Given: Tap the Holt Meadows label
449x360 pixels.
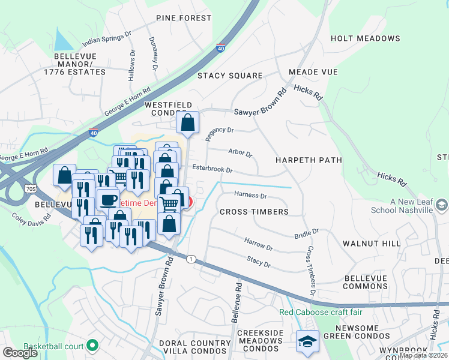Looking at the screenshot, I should pos(365,38).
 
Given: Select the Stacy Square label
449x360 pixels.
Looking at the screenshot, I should pos(231,76).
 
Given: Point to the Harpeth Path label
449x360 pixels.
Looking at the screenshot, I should pos(309,160).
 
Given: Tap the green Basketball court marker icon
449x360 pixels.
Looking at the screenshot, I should pos(92,346).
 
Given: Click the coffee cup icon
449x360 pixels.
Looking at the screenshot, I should pos(108,199).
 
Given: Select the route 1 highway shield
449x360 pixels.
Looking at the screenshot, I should pos(191,259).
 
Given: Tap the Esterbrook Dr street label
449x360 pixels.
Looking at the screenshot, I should pos(212,170).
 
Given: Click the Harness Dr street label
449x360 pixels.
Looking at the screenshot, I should pos(250,195).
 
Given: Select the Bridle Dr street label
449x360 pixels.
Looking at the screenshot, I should pos(306,233).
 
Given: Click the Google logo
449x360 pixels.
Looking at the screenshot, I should pos(20,352).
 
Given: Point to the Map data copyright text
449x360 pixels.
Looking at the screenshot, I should pos(423,355).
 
